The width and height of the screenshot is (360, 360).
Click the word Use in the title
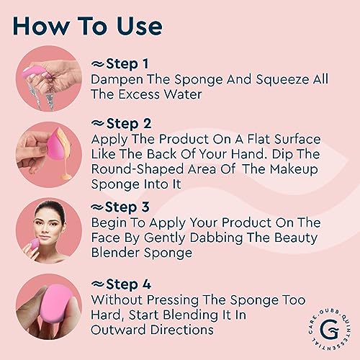(139, 26)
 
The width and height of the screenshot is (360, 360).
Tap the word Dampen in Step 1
(117, 80)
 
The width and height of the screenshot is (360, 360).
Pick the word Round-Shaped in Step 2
(138, 169)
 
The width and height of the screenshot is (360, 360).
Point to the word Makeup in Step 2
(294, 169)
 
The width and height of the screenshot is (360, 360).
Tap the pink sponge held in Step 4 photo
(56, 306)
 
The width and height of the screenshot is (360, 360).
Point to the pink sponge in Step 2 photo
(55, 147)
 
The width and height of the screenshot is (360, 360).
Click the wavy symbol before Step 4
(98, 284)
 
